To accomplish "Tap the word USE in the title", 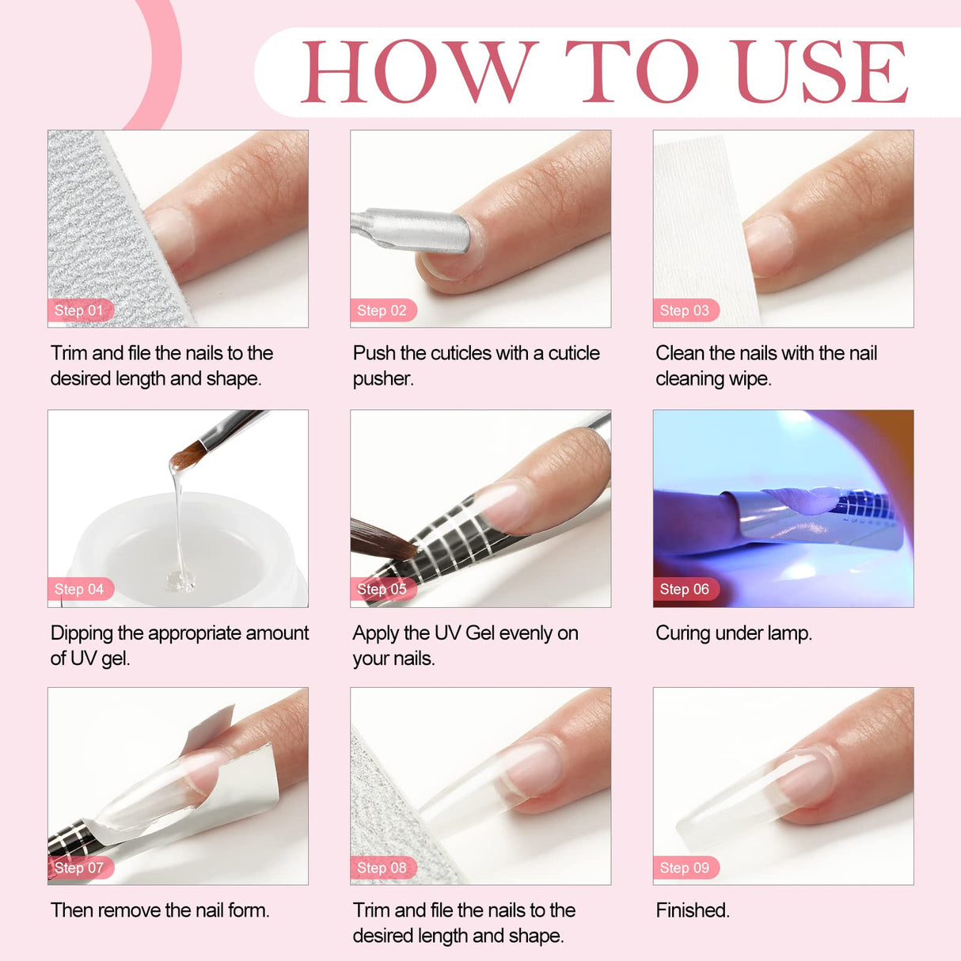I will pos(821,72).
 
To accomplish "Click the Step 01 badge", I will pos(79,310).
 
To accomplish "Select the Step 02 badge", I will pos(382,310).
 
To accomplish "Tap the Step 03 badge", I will pos(685,310).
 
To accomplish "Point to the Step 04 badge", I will pos(79,589).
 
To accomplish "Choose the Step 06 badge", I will pos(685,589).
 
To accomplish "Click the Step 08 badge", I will pos(382,868).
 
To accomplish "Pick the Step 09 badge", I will pos(685,868).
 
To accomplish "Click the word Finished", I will pos(693,910).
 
